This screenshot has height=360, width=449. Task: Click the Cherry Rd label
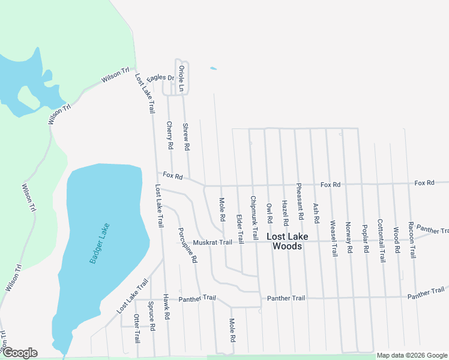point(170,135)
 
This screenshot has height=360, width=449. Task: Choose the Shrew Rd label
point(186,137)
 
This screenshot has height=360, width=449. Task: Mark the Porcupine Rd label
point(188,245)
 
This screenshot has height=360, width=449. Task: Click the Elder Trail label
point(240,212)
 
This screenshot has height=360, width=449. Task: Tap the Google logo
point(19,352)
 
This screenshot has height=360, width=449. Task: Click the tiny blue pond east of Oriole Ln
point(213,68)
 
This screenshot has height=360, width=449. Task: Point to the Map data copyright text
point(412,355)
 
